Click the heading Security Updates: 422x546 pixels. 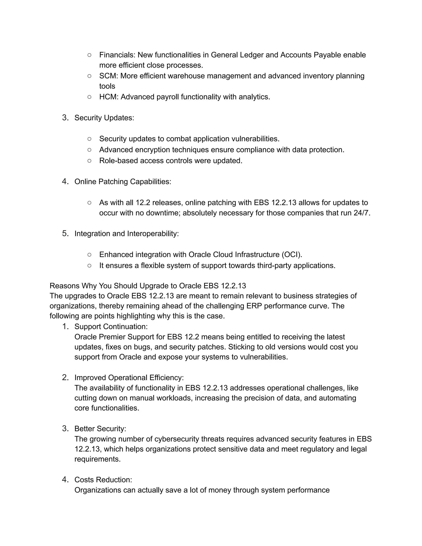coord(104,118)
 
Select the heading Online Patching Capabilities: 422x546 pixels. coord(123,182)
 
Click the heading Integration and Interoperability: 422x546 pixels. coord(127,233)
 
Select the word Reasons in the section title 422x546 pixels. coord(64,286)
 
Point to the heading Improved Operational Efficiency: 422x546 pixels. coord(129,377)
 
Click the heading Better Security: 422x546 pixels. coord(100,429)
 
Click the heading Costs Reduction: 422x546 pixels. coord(103,480)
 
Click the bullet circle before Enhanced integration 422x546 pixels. coord(89,254)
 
